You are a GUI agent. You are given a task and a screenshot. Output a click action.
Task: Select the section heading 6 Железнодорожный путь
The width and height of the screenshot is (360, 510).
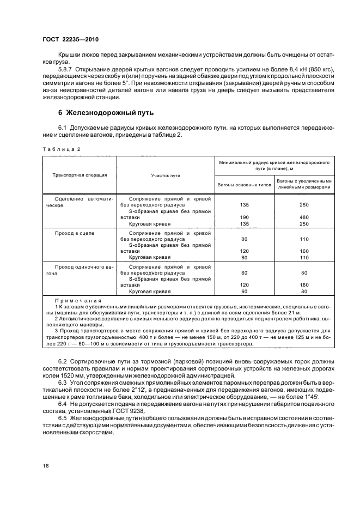(107, 113)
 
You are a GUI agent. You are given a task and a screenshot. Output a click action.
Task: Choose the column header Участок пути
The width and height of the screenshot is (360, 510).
(166, 175)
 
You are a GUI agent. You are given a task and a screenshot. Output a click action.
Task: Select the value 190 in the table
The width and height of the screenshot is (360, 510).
(244, 216)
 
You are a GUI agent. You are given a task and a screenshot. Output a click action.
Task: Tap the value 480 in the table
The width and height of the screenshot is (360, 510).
(304, 216)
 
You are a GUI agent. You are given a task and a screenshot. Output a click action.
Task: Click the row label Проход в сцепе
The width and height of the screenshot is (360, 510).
(75, 233)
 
